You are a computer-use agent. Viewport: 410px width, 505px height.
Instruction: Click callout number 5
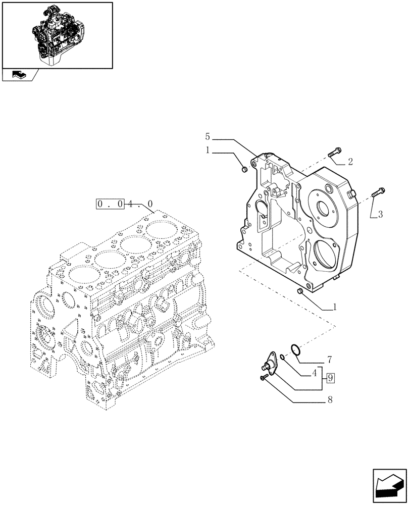[x=208, y=137]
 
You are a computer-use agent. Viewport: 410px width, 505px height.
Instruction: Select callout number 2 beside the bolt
[x=350, y=162]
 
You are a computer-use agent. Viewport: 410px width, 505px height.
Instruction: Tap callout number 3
[x=380, y=214]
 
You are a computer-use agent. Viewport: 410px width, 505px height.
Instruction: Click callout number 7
[x=329, y=360]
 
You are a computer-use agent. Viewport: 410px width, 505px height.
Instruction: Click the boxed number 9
[x=330, y=377]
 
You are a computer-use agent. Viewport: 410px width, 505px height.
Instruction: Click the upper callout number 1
[x=208, y=150]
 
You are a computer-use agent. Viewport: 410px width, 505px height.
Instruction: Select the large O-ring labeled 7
[x=296, y=349]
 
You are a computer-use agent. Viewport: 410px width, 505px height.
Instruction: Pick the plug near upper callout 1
[x=244, y=170]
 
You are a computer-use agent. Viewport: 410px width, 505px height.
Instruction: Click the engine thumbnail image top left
[x=57, y=35]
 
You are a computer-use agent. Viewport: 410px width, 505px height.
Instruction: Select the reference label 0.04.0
[x=124, y=204]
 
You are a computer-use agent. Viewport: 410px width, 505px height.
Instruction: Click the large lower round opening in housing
[x=324, y=256]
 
